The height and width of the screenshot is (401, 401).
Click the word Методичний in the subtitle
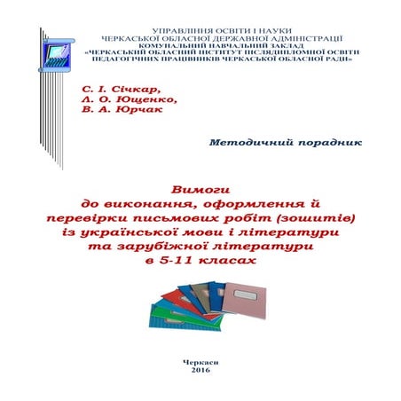pyautogui.click(x=257, y=143)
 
